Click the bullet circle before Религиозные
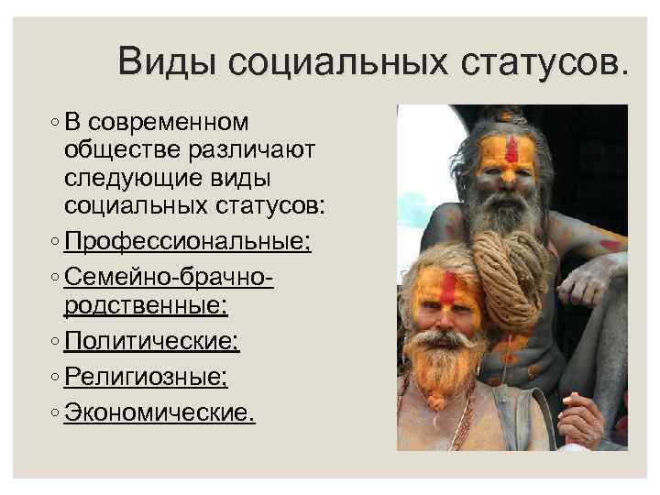57,377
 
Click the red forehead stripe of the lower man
448,290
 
